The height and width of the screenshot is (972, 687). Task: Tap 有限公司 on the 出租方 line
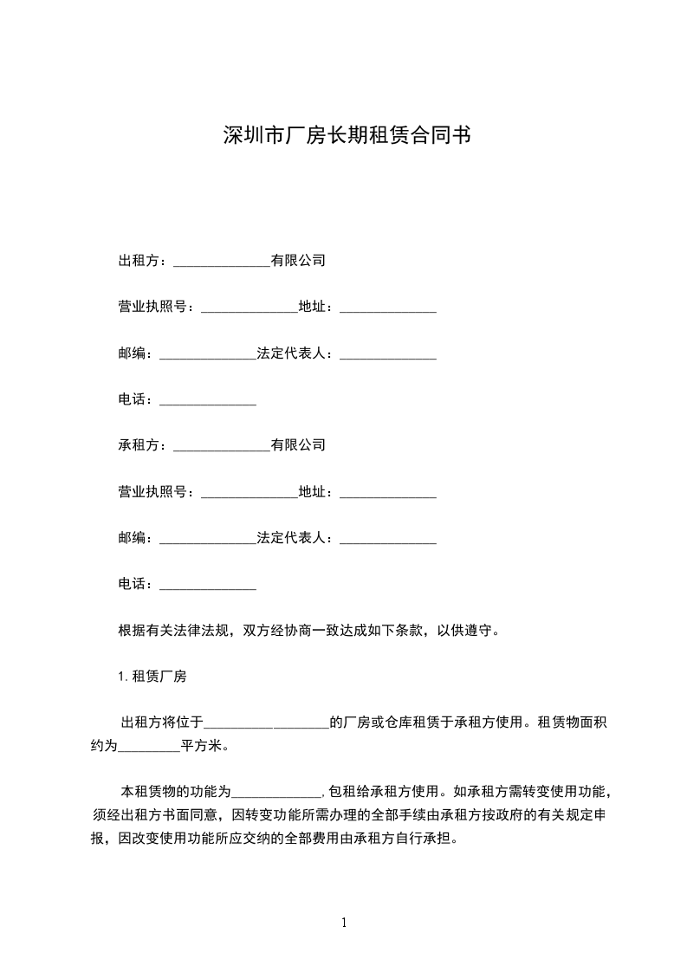point(298,261)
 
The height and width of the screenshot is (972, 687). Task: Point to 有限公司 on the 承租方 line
point(298,446)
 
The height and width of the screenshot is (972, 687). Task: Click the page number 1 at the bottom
point(344,923)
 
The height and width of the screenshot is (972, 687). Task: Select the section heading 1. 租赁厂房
point(152,677)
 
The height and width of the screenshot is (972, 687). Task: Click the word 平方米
point(201,745)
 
